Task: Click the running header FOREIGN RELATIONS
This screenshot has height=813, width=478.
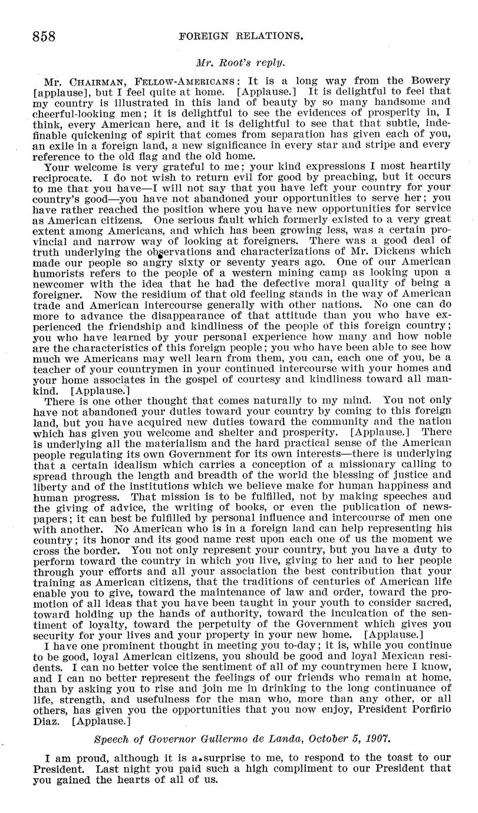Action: pyautogui.click(x=240, y=36)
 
